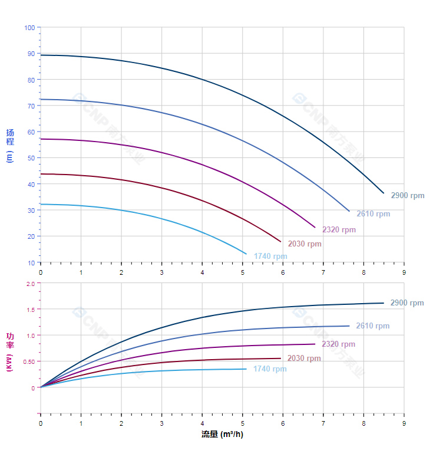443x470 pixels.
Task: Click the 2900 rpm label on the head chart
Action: point(407,196)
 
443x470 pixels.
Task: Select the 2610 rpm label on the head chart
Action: point(373,214)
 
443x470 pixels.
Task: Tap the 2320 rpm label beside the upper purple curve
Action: point(339,230)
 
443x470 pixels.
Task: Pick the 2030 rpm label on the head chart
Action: point(305,244)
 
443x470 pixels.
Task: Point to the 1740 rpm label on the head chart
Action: point(270,257)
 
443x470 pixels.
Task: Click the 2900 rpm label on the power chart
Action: point(407,303)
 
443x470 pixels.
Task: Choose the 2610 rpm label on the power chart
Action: point(373,326)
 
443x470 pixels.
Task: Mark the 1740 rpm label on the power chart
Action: point(270,369)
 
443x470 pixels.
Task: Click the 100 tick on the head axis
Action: point(29,28)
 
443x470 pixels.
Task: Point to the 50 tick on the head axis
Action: point(31,158)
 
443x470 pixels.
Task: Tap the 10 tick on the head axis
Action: point(31,262)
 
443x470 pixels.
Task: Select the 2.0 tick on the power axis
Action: point(31,284)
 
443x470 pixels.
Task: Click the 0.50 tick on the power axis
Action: point(29,361)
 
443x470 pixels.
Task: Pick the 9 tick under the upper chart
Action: point(404,272)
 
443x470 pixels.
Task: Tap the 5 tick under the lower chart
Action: point(242,423)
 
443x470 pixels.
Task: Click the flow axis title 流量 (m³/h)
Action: point(222,435)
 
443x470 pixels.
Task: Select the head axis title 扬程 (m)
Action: point(10,145)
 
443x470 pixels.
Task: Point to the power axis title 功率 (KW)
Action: point(10,351)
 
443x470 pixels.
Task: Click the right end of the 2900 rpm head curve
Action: point(384,193)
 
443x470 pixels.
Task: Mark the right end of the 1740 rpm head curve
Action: point(246,254)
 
